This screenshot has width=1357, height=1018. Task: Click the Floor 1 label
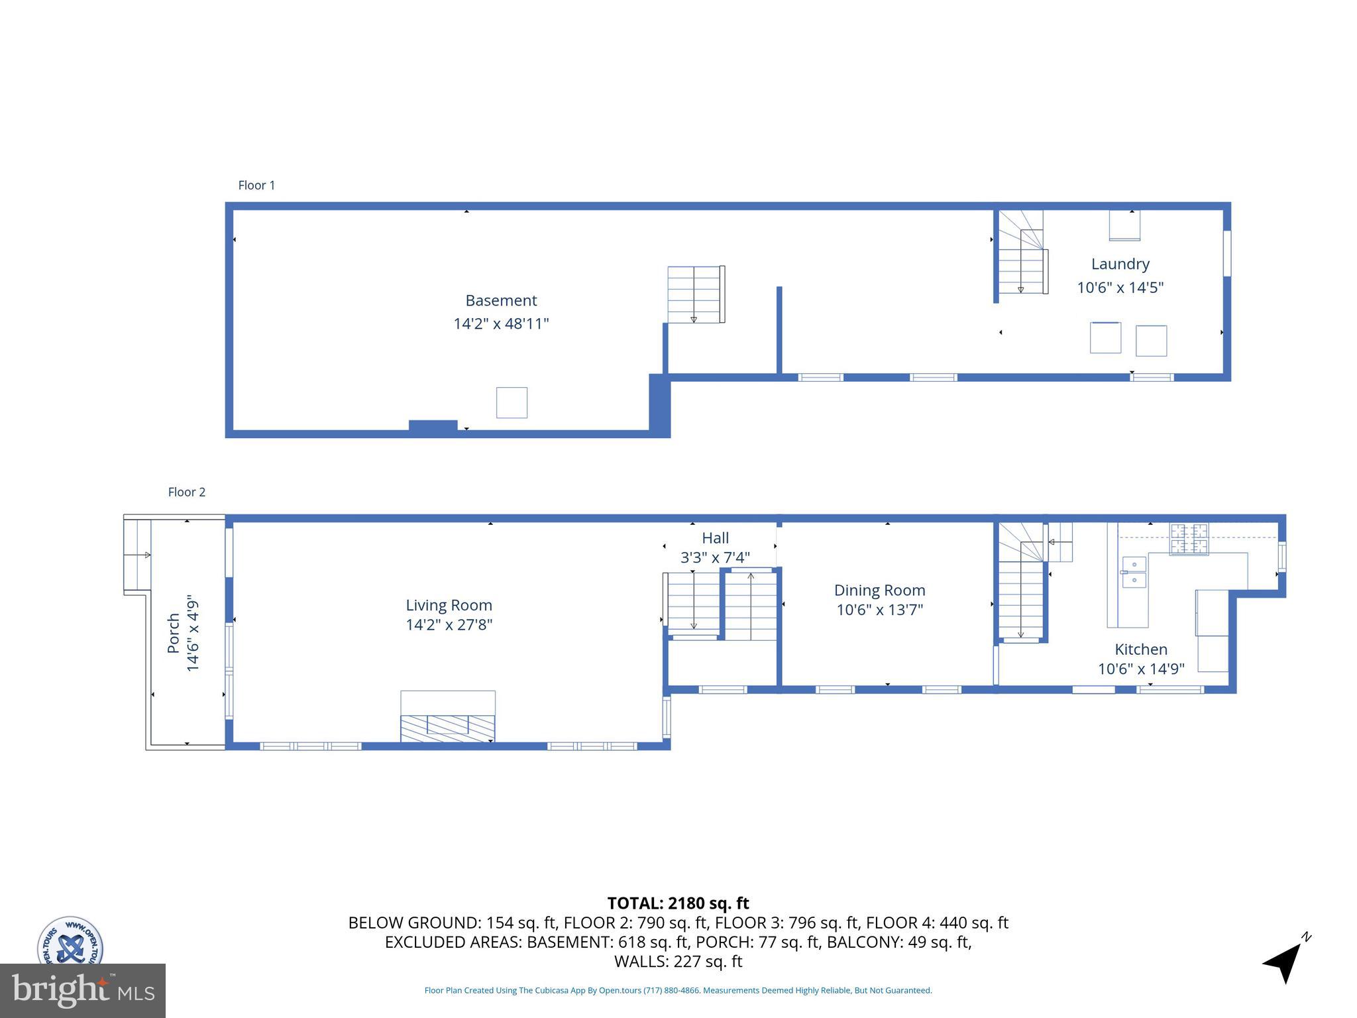[256, 186]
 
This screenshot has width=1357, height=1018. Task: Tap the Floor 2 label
[186, 492]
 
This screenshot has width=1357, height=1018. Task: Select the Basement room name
[501, 300]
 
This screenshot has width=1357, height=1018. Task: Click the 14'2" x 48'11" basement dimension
[501, 324]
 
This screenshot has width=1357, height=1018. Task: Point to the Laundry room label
[1120, 264]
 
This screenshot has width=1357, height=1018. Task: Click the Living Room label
[449, 605]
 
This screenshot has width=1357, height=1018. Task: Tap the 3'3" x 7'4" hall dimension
[715, 558]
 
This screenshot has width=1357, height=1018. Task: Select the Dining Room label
[879, 590]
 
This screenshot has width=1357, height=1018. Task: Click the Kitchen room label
[1140, 650]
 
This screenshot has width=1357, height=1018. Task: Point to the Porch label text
[174, 633]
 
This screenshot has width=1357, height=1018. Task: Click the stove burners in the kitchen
[1189, 539]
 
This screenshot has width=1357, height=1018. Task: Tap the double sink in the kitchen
[1134, 572]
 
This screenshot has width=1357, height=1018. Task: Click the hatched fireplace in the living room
[447, 728]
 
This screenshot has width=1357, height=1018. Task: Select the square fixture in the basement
[512, 402]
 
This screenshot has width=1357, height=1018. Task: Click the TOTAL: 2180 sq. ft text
[678, 903]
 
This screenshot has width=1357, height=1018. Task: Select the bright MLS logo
[83, 991]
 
